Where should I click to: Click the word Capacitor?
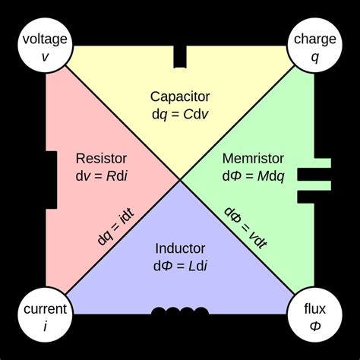[x=180, y=96]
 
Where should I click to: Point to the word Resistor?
[x=102, y=159]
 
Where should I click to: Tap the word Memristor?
[x=253, y=159]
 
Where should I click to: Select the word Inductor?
[x=180, y=248]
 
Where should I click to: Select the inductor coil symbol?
[x=180, y=312]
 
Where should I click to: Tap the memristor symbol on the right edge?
[x=313, y=180]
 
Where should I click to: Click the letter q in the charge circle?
[x=314, y=55]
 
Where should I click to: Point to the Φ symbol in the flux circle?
[x=314, y=325]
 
